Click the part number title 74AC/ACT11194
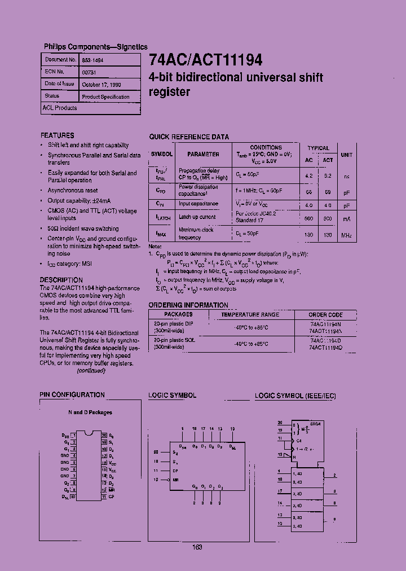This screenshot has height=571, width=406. (206, 60)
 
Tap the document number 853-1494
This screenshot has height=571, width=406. (92, 59)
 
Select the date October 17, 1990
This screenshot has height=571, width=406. (101, 85)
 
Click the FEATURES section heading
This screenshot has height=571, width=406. (57, 135)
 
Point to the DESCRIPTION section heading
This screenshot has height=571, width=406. (61, 280)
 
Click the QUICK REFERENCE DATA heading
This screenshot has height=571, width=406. (189, 137)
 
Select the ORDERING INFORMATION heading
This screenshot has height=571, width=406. (188, 305)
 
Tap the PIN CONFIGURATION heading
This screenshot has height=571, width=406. (72, 395)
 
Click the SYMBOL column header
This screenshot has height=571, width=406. (162, 153)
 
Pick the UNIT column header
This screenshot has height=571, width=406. (347, 154)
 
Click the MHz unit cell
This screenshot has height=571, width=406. (347, 234)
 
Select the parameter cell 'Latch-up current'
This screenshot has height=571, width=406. (197, 217)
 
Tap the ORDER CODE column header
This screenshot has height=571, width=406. (325, 315)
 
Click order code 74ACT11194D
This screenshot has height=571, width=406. (325, 348)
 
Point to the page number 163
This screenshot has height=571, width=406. (197, 547)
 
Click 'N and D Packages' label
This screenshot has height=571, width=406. (90, 412)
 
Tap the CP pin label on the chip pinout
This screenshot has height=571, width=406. (111, 497)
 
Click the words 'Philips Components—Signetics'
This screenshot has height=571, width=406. (96, 47)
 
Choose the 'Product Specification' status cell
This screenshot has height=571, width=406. (105, 97)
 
